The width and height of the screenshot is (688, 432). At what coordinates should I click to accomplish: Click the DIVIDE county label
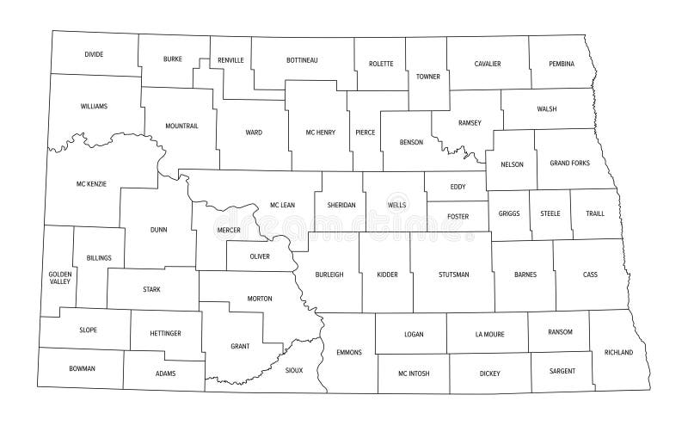point(94,54)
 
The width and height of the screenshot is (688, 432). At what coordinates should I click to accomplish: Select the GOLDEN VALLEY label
point(60,277)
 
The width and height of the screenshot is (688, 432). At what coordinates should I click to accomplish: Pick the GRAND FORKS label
point(570,163)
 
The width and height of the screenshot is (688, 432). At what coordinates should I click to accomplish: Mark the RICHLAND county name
point(618,353)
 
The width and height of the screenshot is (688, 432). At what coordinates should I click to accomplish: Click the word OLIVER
point(259,256)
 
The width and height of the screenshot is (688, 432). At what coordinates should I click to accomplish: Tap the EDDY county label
point(458,185)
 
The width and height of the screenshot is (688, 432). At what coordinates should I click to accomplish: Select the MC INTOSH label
point(414,373)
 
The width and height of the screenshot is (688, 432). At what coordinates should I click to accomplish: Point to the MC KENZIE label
point(91,184)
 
